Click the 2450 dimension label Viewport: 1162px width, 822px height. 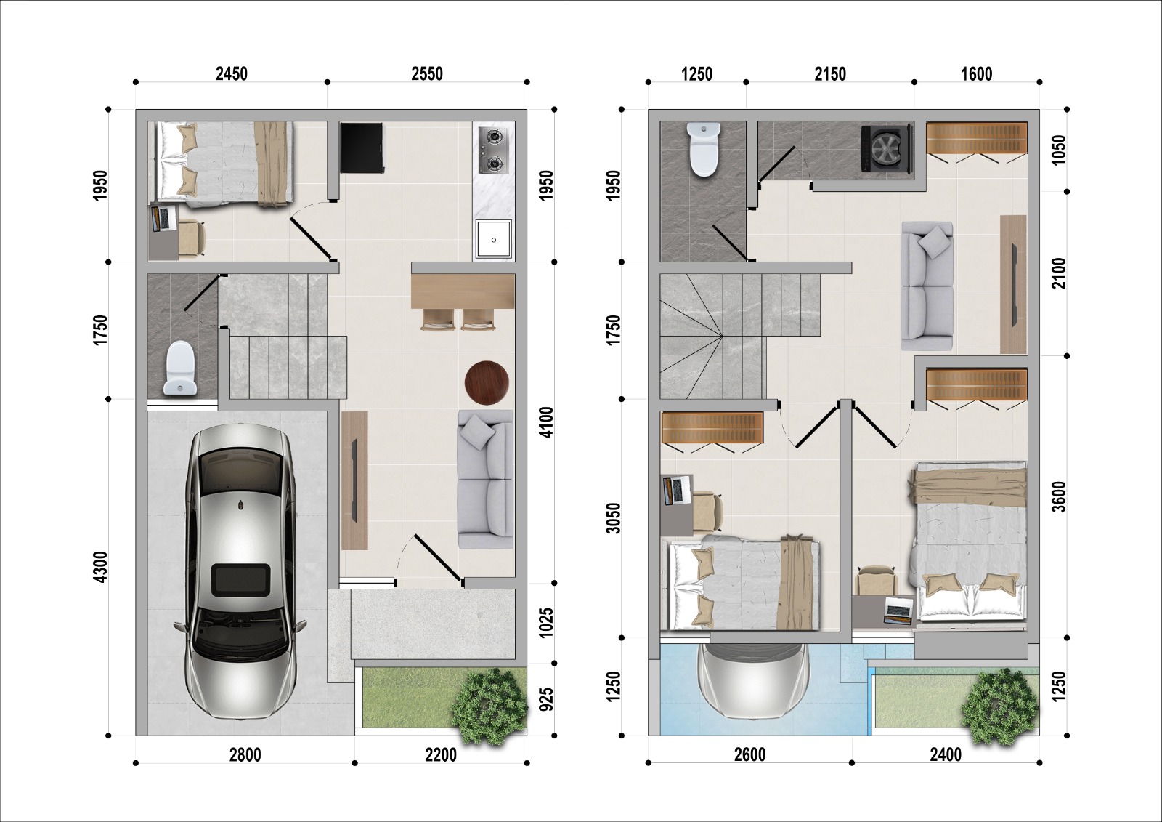point(232,74)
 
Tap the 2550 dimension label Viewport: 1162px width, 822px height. point(427,74)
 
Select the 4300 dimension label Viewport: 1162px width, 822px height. point(101,566)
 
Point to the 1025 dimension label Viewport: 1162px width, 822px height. point(546,623)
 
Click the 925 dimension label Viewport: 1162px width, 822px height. point(546,699)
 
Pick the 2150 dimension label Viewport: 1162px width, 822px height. point(830,74)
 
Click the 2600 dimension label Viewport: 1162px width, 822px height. point(750,754)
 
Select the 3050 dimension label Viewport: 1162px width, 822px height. point(613,517)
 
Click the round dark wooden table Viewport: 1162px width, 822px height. point(487,383)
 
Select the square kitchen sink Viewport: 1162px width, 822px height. point(494,239)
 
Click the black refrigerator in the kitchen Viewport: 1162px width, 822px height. point(362,148)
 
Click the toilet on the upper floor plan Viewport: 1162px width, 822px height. point(703,149)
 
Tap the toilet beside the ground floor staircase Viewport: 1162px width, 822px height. point(180,368)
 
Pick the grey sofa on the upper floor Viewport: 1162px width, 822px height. point(927,286)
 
